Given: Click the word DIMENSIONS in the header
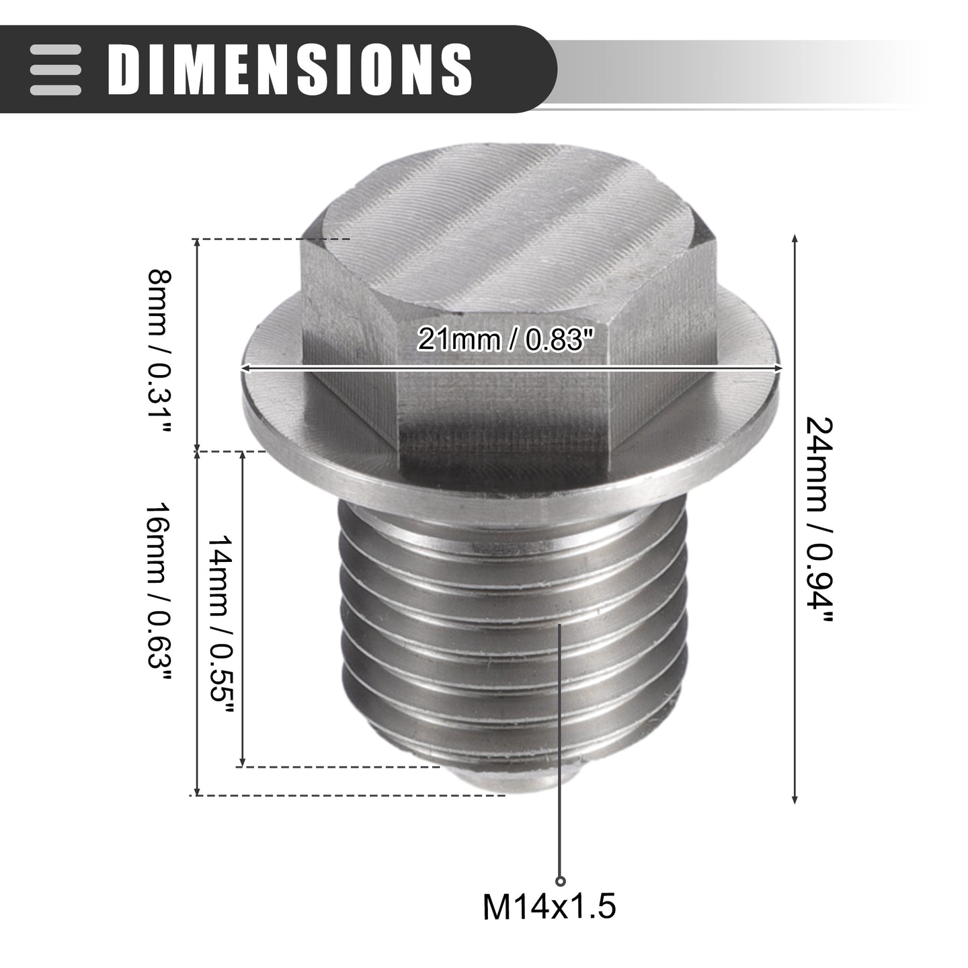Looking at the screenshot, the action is click(290, 69).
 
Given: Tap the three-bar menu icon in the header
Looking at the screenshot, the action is click(55, 69).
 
